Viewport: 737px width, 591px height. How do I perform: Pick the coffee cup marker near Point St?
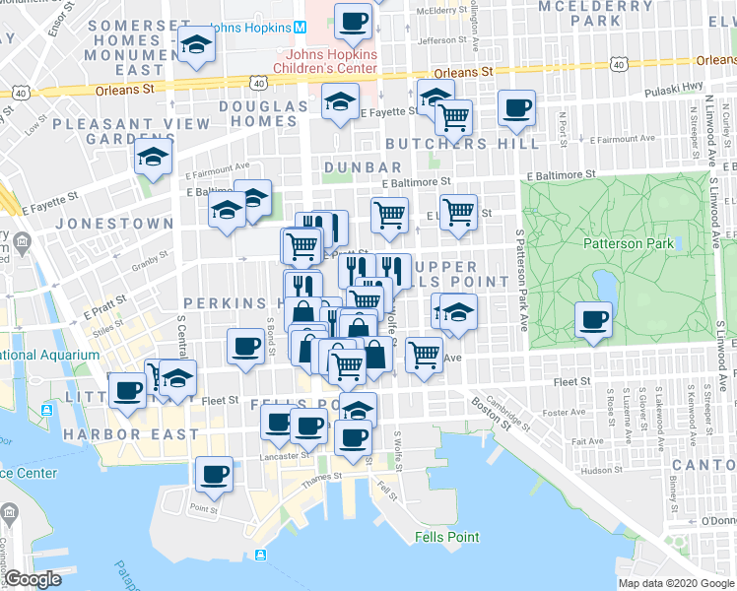tap(214, 475)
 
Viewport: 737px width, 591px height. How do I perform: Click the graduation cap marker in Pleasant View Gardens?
tap(154, 159)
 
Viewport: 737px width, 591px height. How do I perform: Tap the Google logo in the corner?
tap(33, 579)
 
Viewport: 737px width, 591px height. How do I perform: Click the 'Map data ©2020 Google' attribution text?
tap(677, 583)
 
